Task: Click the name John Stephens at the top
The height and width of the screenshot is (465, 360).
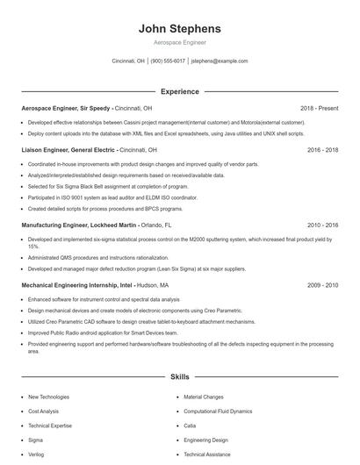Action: (180, 28)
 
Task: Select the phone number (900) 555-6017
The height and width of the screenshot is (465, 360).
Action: (169, 61)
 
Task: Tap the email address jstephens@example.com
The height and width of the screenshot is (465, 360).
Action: (220, 61)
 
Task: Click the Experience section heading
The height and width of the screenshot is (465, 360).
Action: (180, 91)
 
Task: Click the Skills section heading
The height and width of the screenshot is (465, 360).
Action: (180, 377)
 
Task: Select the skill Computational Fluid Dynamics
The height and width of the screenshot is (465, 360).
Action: (218, 411)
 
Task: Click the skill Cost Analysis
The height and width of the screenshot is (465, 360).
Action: (44, 411)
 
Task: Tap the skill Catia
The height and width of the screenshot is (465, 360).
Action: (191, 426)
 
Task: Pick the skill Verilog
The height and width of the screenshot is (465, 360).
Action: (36, 454)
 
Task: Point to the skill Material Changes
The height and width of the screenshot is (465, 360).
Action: (204, 397)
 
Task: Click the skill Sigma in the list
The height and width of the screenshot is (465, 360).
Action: (36, 440)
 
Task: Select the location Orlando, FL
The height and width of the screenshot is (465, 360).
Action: (155, 225)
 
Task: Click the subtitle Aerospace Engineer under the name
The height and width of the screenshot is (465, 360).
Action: (180, 42)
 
